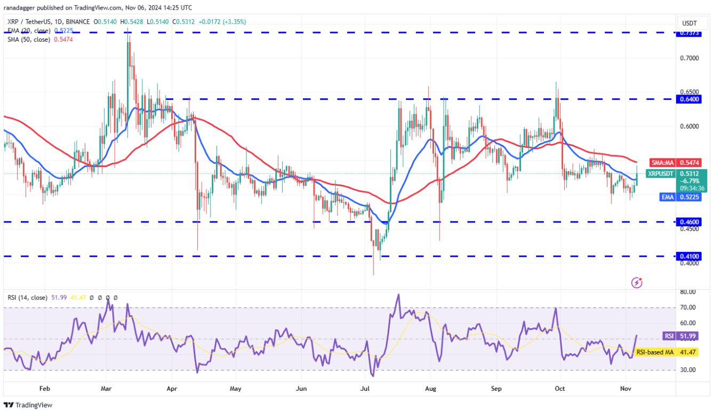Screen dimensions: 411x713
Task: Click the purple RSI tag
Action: [x=668, y=336]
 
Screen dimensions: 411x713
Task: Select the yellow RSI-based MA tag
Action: [x=654, y=352]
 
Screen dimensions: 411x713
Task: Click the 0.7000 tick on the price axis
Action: [x=689, y=58]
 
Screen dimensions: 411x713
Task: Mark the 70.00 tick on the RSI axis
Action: [x=688, y=307]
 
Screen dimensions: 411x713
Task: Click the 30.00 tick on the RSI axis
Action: [x=688, y=370]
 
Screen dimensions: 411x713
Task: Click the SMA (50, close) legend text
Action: [x=30, y=40]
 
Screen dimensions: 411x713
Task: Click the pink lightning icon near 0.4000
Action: [x=636, y=282]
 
